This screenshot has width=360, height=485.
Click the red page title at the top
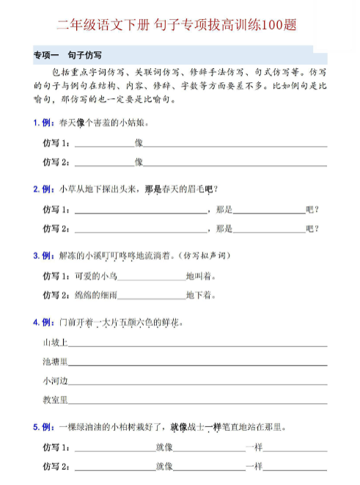[x=180, y=26]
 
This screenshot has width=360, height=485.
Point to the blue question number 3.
[x=36, y=256]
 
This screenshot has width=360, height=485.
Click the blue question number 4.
[x=36, y=323]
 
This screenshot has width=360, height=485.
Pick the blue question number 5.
[x=36, y=427]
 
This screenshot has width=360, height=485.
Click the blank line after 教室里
[x=198, y=403]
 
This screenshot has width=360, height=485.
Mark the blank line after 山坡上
[x=198, y=346]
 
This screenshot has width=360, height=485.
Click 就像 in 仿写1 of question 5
[x=164, y=447]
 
